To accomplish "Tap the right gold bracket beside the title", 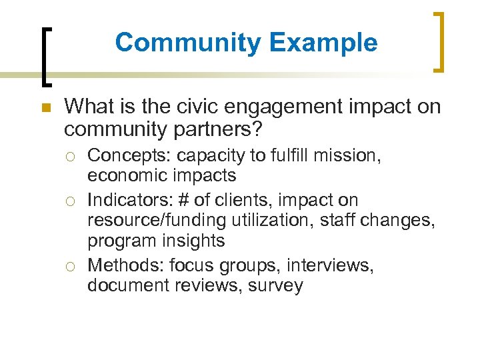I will point(439,41).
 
